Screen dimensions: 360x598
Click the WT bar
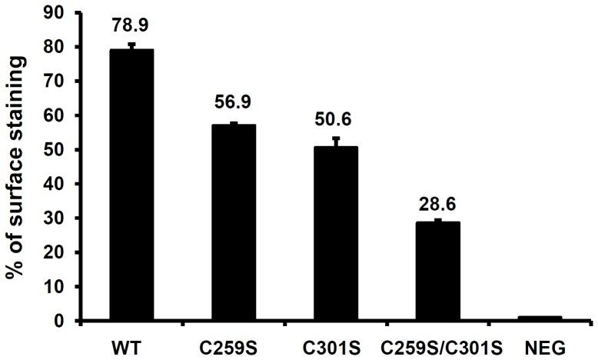pos(131,185)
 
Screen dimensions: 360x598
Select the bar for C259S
pos(234,222)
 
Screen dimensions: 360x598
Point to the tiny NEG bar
pos(540,318)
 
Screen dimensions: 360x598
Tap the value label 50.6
pos(336,122)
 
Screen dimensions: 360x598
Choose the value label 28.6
pos(437,204)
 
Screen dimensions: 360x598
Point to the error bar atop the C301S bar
pos(336,141)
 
